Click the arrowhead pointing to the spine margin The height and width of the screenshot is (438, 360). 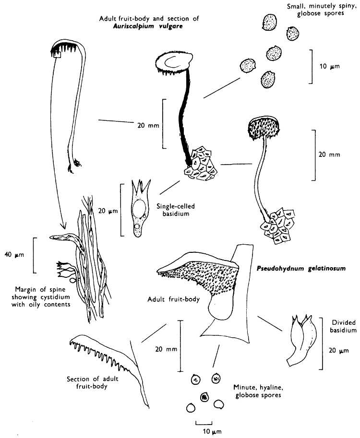coord(62,225)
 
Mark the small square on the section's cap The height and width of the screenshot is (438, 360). coord(57,55)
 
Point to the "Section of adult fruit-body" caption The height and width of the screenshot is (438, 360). coord(93,384)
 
